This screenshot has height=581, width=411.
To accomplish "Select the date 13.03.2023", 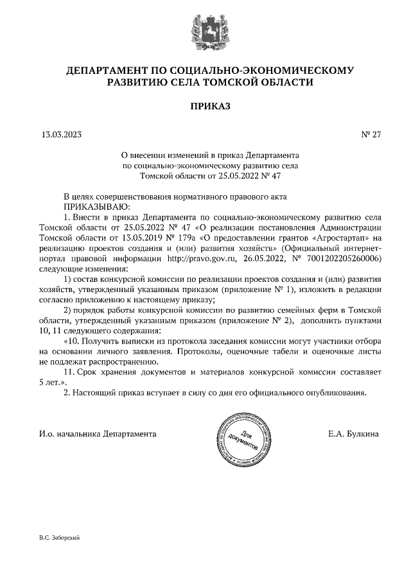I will pos(61,135).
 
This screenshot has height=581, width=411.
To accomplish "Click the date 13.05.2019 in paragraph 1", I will pos(136,238).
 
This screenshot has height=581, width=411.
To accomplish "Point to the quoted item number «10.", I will pos(74,341).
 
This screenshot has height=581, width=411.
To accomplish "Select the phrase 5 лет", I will pos(52,381).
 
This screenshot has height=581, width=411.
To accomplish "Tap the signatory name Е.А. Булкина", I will pos(353,434).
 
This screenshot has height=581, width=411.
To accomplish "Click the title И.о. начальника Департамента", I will pos(98,434).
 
